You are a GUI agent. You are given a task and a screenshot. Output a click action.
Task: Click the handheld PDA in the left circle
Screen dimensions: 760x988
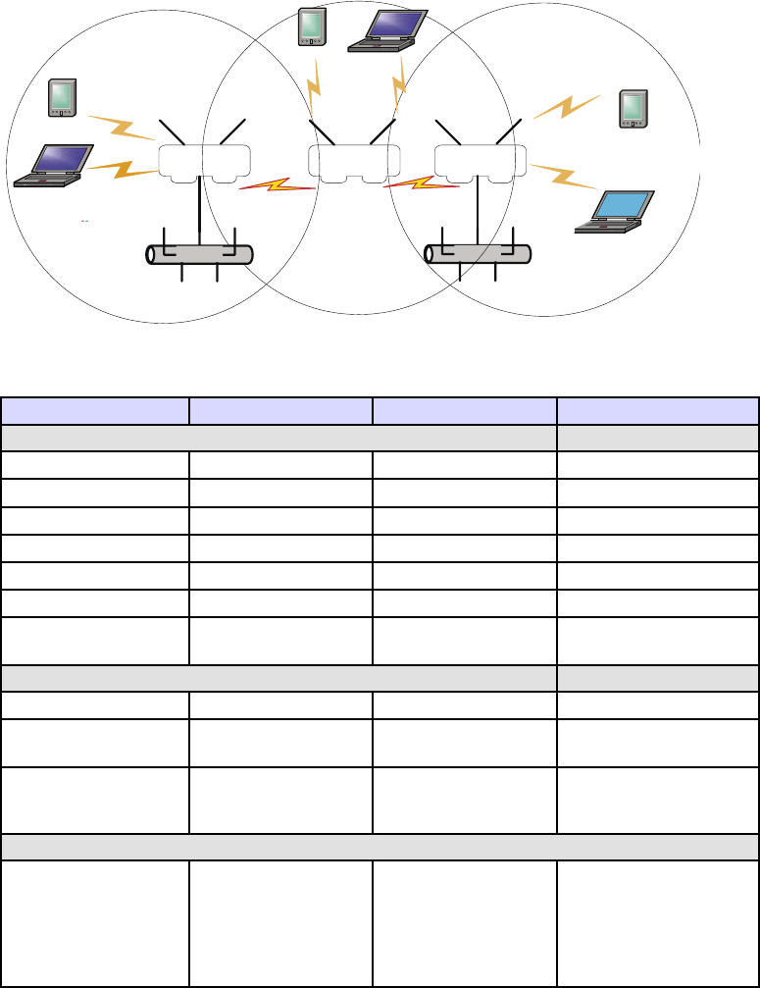point(63,97)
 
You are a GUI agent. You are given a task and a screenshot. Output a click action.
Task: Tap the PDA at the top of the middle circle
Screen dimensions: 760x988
point(311,26)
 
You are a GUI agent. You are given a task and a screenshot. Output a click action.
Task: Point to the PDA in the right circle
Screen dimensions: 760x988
point(633,108)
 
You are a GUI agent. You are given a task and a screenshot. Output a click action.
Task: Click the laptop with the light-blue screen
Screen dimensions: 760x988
point(614,212)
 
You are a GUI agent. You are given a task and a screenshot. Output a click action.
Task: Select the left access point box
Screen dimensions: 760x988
point(204,163)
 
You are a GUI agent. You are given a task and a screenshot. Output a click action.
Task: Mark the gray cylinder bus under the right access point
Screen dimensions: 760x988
point(478,253)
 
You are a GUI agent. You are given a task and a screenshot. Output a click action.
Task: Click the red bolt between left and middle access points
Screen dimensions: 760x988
point(278,184)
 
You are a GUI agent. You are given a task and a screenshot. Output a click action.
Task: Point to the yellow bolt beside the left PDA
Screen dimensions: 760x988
point(122,128)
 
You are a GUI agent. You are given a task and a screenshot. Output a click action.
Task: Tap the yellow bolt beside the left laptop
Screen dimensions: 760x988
point(123,169)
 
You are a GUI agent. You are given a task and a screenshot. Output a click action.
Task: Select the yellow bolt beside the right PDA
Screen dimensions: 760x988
point(567,106)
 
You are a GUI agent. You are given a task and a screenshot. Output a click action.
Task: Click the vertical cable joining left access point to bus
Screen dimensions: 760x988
point(200,211)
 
